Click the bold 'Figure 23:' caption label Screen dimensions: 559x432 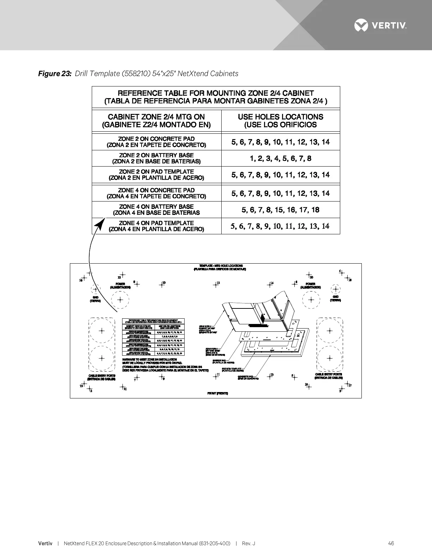click(x=55, y=73)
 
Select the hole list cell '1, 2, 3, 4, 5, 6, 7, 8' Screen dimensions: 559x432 click(x=281, y=158)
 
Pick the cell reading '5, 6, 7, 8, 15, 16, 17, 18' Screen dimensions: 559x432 click(x=281, y=210)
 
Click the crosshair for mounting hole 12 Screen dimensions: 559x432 click(x=215, y=284)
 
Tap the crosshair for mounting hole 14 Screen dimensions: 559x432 click(x=269, y=284)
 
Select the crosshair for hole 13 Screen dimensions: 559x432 click(x=269, y=376)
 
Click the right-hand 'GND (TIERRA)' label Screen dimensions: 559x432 click(x=335, y=299)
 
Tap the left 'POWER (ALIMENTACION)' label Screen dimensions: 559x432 click(x=120, y=285)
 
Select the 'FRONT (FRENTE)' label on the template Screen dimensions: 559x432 click(x=217, y=393)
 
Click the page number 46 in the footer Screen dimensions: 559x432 click(x=391, y=543)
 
